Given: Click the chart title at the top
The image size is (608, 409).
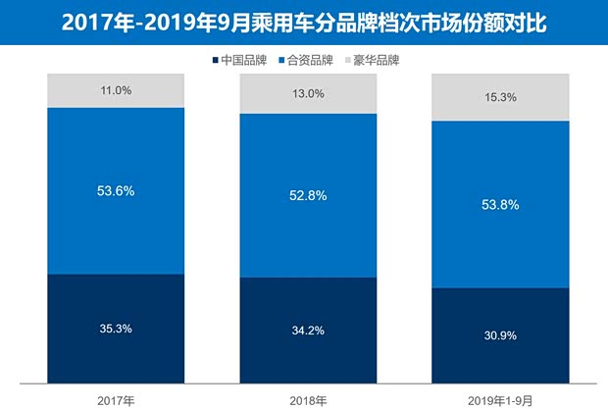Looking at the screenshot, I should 303,21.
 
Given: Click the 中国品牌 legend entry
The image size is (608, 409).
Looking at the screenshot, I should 242,60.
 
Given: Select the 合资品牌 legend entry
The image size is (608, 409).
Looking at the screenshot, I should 313,60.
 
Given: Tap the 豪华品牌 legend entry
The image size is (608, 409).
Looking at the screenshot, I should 380,60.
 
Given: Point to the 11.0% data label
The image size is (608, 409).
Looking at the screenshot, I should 116,90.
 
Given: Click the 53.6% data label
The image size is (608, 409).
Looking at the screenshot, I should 116,190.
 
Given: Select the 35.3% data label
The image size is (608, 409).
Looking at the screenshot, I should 116,328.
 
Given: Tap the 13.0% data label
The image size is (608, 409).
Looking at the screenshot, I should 309,94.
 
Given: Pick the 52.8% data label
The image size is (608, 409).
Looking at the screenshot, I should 309,196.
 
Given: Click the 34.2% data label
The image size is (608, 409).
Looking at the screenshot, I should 309,331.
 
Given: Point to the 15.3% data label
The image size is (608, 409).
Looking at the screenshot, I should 501,98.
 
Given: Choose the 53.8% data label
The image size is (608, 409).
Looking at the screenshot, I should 501,204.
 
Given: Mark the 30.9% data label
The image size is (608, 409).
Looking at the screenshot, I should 501,335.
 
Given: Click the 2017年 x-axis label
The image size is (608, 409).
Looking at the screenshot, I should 116,397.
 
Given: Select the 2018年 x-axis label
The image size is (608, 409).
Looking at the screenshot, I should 309,397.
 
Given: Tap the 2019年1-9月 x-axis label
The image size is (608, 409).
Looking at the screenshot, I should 501,397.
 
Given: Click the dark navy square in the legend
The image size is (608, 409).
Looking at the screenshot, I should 216,60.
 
